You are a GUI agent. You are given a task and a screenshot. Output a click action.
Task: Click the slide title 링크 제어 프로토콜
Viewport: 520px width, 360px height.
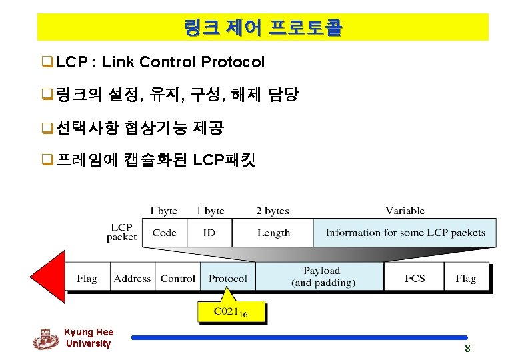point(263,28)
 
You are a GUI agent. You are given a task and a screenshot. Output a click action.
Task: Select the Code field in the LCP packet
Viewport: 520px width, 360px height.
point(164,233)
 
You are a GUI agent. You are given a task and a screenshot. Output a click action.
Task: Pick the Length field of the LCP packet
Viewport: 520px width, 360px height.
point(273,233)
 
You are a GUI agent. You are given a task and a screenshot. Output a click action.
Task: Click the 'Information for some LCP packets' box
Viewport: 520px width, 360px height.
point(405,233)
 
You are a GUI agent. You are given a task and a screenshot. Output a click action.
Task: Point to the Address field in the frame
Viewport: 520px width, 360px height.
point(132,278)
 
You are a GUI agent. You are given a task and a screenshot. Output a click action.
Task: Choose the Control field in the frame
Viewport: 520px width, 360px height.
point(178,278)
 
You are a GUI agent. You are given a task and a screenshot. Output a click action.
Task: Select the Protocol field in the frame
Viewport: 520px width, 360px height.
point(227,278)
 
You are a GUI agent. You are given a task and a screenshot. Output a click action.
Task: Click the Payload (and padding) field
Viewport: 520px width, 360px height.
point(321,277)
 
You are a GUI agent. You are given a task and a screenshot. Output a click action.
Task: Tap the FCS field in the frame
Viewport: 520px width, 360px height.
point(414,278)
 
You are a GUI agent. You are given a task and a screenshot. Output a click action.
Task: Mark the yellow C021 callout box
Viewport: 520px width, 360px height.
point(231,311)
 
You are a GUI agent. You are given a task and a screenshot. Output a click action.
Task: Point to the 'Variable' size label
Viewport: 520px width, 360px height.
point(405,211)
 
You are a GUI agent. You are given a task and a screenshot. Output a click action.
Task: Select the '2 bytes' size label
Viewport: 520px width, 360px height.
point(273,211)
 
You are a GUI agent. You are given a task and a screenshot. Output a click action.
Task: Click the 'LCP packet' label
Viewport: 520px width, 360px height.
point(121,232)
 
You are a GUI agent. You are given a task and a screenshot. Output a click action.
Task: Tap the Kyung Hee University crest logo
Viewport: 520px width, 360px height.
point(45,339)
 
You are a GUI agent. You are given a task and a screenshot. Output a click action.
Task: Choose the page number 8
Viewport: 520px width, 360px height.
point(467,349)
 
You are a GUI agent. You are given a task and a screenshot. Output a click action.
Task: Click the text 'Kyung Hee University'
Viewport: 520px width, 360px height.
point(89,338)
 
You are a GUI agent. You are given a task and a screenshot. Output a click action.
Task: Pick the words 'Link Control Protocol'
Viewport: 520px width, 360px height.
point(183,63)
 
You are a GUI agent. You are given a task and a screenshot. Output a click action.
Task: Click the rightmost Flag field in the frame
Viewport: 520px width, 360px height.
point(465,278)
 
